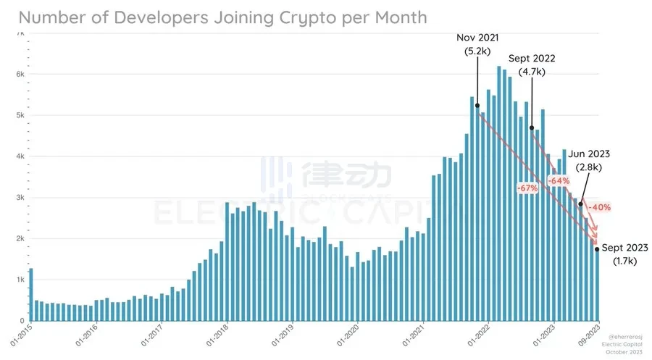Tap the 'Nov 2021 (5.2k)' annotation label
click(477, 44)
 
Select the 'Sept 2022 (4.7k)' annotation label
click(532, 66)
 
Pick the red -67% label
click(527, 188)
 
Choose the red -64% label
click(558, 180)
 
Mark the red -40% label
click(598, 207)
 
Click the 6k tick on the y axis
click(20, 74)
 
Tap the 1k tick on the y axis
click(20, 280)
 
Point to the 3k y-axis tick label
click(20, 197)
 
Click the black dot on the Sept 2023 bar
click(597, 249)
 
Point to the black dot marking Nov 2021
click(477, 106)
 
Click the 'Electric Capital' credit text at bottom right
click(624, 345)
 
